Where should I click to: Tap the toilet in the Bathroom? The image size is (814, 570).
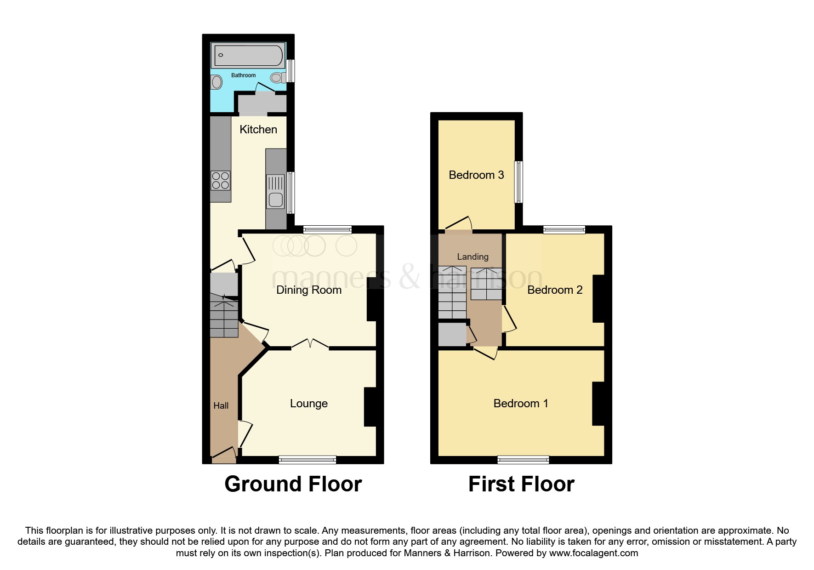coord(278,78)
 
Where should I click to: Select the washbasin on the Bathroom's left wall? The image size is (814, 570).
coord(216,83)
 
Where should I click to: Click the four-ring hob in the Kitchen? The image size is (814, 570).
coord(221,180)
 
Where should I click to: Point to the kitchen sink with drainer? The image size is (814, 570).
coord(276,192)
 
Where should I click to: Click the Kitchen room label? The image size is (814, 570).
coord(258,130)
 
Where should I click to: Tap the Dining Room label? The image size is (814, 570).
coord(309,290)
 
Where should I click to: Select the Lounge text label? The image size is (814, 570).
coord(309,404)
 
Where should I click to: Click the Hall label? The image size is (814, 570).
coord(221,406)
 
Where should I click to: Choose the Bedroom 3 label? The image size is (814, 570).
coord(476,175)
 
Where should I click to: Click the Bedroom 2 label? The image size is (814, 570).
coord(555,290)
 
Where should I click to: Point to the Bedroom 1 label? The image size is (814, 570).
coord(521,404)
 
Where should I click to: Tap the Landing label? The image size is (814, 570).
coord(472,257)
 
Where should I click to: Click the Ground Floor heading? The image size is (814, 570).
coord(293,484)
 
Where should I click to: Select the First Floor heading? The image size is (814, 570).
coord(521,484)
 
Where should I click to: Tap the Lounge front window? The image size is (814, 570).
coord(307,460)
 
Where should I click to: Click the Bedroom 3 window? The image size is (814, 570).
coord(518,182)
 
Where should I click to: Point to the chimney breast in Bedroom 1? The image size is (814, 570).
coord(598,404)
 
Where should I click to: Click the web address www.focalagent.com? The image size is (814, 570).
coord(593,553)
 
